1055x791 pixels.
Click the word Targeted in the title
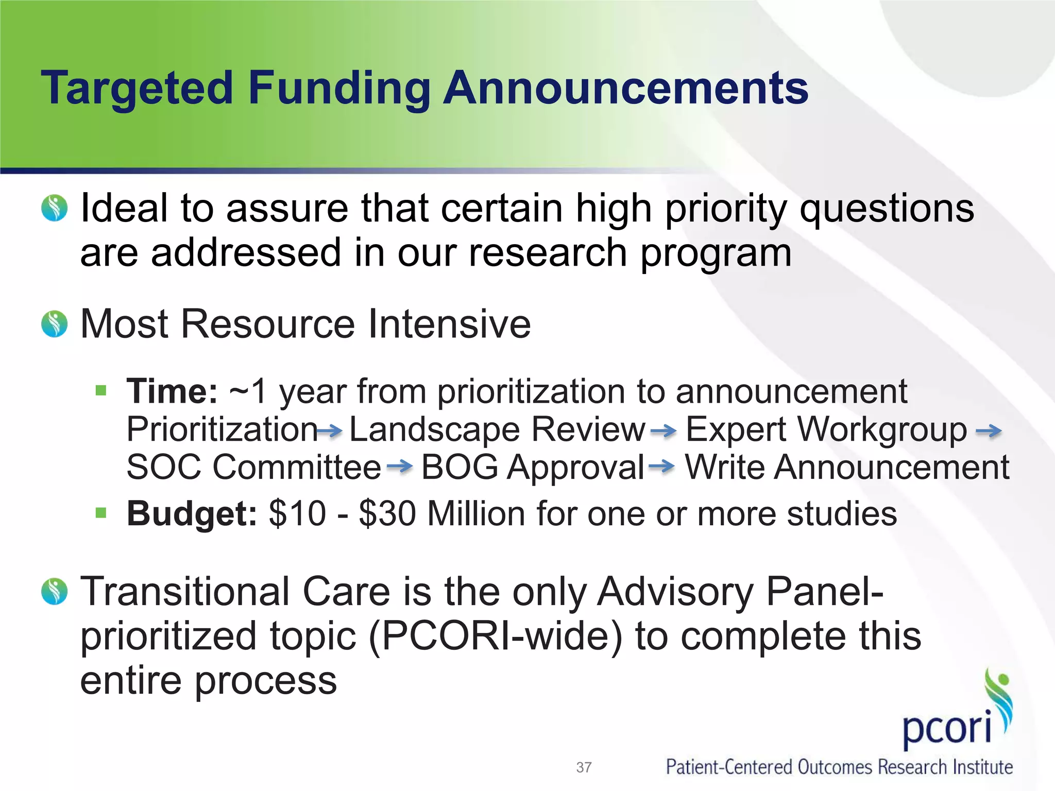[x=137, y=89]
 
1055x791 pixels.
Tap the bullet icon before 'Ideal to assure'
[x=54, y=208]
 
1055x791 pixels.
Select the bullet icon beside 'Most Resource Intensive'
[x=54, y=324]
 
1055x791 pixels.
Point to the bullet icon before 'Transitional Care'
[x=54, y=591]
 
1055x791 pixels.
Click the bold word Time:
[x=173, y=391]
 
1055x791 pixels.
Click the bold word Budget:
[x=192, y=513]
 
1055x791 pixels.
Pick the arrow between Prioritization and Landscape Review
[x=330, y=431]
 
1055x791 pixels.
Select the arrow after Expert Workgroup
[x=989, y=431]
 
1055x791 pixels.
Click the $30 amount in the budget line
[x=387, y=513]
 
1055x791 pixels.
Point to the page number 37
[x=584, y=767]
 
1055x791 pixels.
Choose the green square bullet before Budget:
[x=101, y=513]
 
